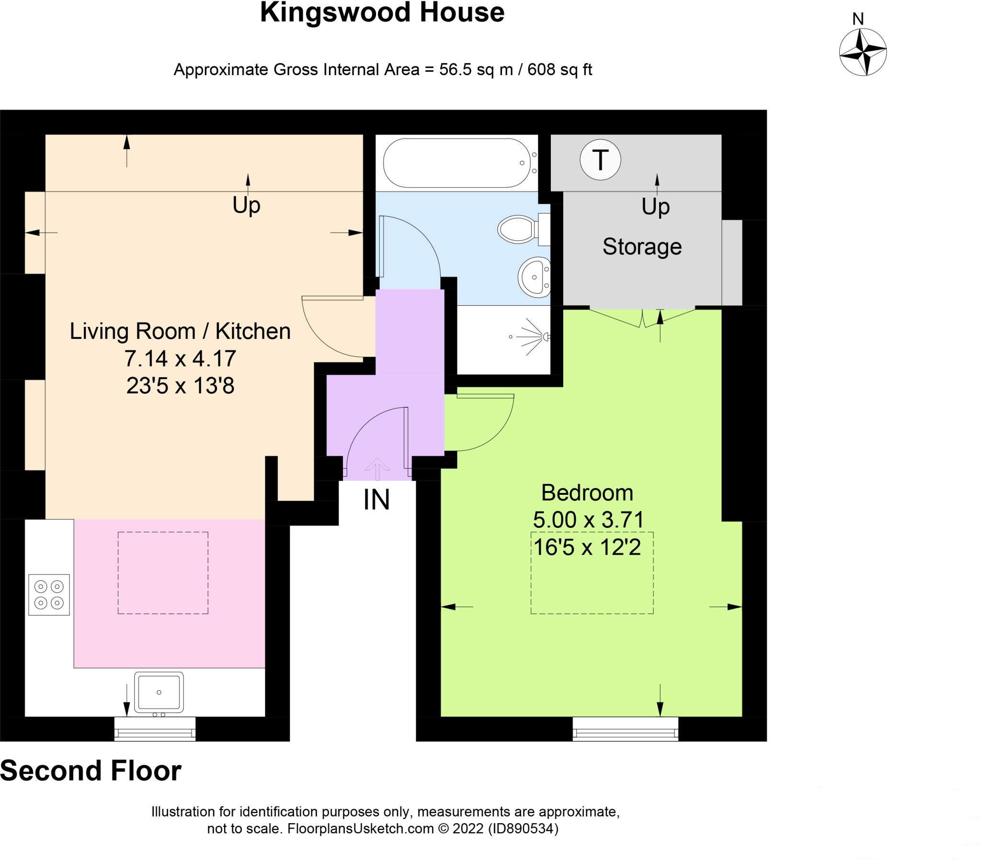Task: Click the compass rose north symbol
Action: pos(863,52)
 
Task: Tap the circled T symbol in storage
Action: pos(600,160)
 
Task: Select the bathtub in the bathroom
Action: pos(460,163)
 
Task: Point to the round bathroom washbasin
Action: pos(534,278)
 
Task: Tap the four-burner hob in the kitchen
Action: pos(49,594)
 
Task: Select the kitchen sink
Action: pos(159,692)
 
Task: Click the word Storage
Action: pos(642,246)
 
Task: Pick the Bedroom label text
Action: pos(587,492)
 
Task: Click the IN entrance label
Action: pos(376,500)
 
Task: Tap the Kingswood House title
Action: pos(382,12)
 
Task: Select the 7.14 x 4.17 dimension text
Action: pos(180,358)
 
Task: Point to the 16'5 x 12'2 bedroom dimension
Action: pos(587,547)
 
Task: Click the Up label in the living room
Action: pos(246,205)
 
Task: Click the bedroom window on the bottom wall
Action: pos(626,728)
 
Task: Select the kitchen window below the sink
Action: pos(155,728)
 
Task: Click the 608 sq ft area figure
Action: pos(559,70)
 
